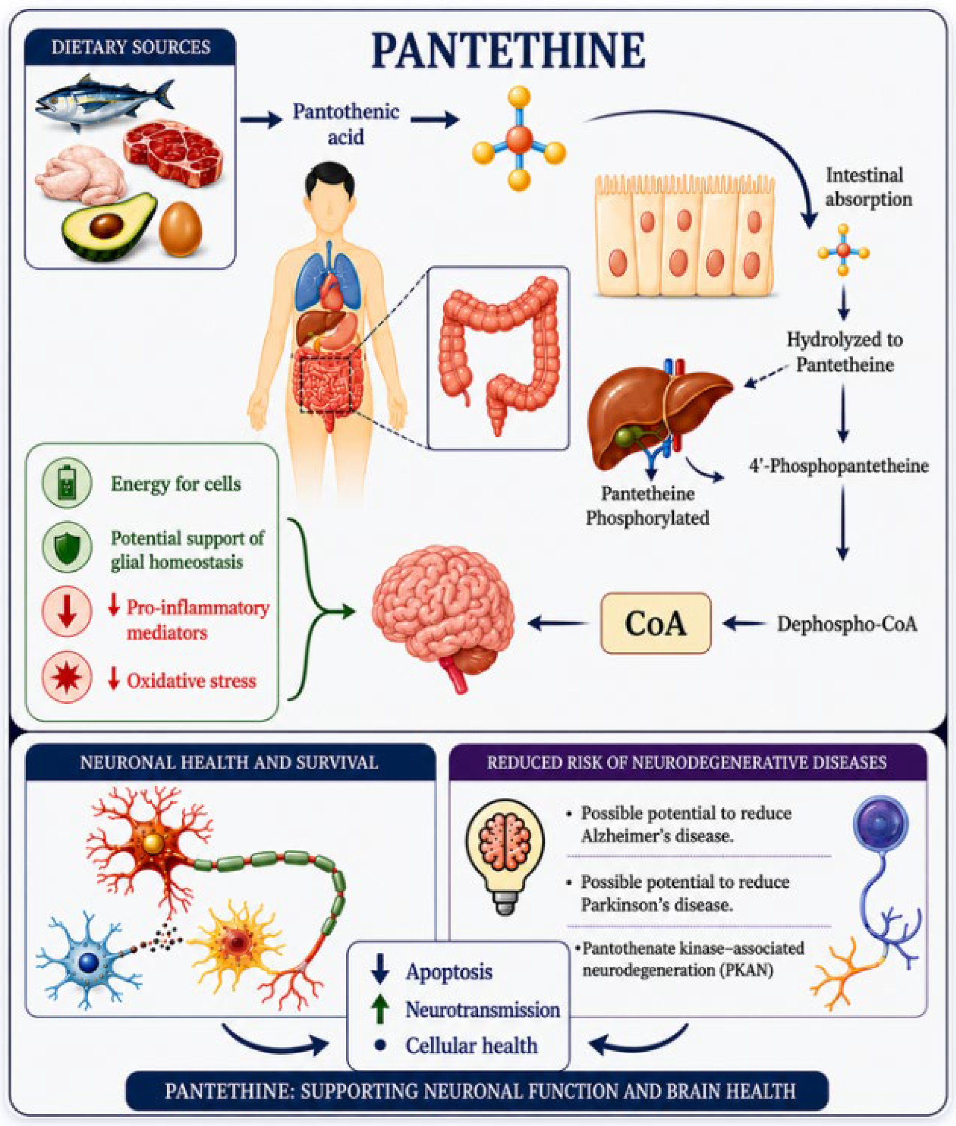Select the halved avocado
[x=109, y=226]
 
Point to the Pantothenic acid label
[x=346, y=124]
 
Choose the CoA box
[x=656, y=623]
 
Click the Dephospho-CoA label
[x=847, y=624]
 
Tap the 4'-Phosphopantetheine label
[x=839, y=465]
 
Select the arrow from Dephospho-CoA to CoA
[x=744, y=623]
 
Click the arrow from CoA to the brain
[x=558, y=623]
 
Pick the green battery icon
[x=67, y=483]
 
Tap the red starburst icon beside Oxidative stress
[x=67, y=677]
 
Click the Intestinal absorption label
[x=868, y=187]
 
